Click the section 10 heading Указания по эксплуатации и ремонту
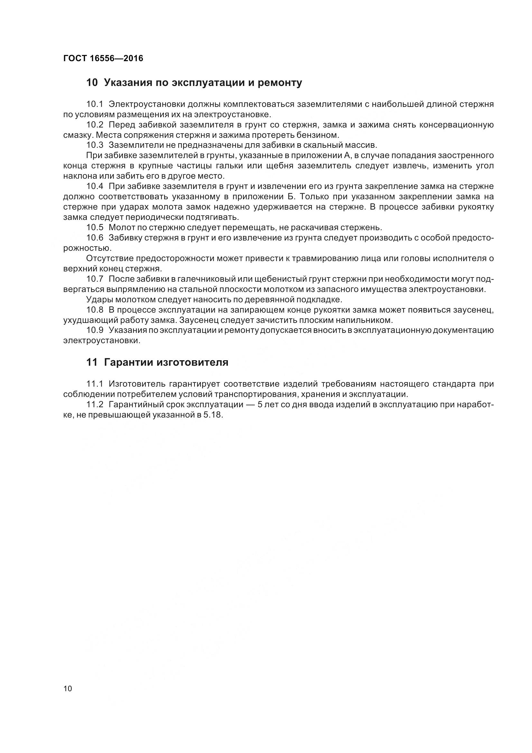(194, 83)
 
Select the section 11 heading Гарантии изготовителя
(157, 362)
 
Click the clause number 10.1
(94, 104)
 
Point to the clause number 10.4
(94, 186)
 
